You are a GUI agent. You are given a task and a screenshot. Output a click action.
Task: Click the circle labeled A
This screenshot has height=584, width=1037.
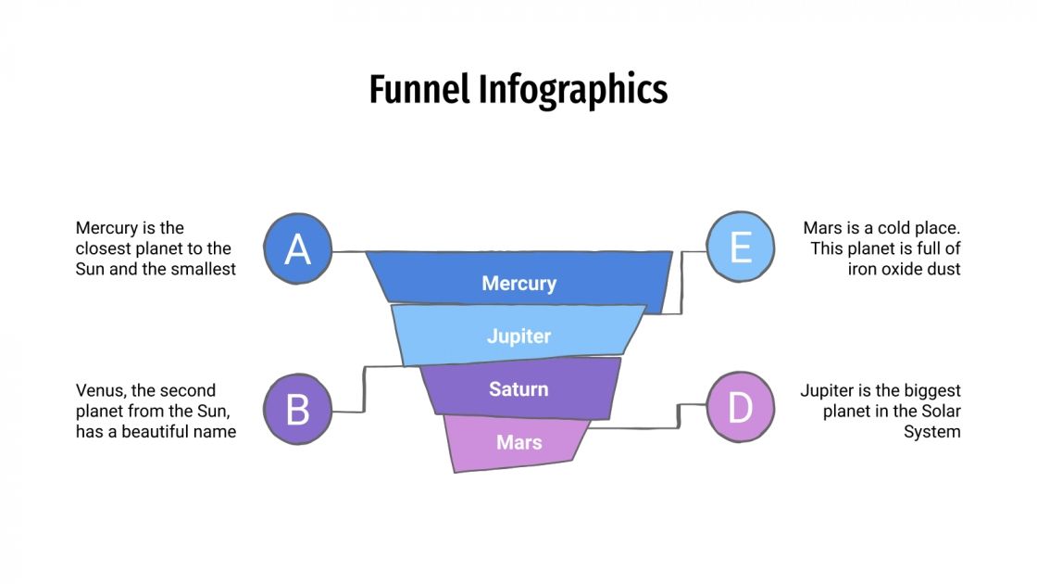[297, 248]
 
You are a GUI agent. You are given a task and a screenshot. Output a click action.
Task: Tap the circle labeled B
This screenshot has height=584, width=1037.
[297, 410]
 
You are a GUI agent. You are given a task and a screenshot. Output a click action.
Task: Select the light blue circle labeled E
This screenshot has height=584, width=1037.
[740, 248]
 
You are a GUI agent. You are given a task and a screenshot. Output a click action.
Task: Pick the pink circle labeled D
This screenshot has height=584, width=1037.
[740, 408]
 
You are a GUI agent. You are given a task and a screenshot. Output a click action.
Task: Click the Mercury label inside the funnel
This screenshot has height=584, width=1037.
[518, 284]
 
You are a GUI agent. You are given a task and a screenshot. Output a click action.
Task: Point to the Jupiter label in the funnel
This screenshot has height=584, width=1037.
[518, 336]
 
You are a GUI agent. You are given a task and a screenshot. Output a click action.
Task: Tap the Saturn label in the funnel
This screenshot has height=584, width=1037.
[518, 389]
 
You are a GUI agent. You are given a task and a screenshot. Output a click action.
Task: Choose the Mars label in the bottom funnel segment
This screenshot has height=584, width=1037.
[518, 442]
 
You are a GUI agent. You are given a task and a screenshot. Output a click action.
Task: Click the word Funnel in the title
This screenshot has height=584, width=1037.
[419, 90]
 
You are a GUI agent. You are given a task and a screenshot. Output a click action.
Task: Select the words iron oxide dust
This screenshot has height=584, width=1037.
[904, 269]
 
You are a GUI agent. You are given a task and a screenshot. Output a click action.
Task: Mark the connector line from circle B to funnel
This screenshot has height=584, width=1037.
[364, 389]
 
